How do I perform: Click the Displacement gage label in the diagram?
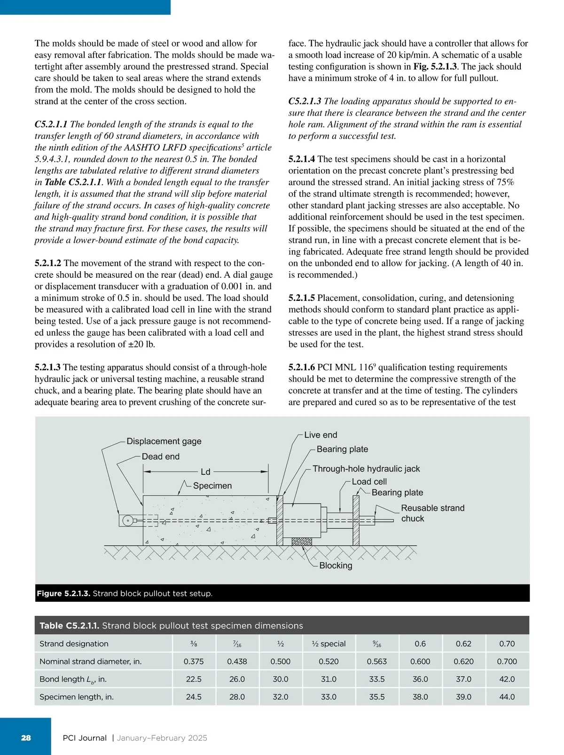tap(164, 441)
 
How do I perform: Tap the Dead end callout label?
tap(160, 456)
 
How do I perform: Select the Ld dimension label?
tap(205, 472)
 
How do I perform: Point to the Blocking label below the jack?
tap(336, 566)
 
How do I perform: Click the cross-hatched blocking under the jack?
tap(302, 541)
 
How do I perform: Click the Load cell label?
tap(369, 481)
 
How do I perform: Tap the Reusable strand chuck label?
tap(432, 513)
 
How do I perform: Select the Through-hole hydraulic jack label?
tap(366, 469)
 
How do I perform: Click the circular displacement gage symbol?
tap(127, 521)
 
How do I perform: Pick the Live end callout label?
tap(321, 435)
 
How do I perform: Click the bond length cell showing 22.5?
tap(194, 679)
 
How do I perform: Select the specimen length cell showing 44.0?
tap(507, 697)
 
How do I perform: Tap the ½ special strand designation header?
tap(329, 644)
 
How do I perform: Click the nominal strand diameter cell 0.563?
tap(377, 661)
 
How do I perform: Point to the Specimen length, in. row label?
tap(77, 697)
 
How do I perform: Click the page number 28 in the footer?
tap(26, 738)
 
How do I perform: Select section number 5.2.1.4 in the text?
tap(302, 159)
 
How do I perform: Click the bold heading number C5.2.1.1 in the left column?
tap(51, 124)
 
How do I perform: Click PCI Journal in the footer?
tap(85, 738)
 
